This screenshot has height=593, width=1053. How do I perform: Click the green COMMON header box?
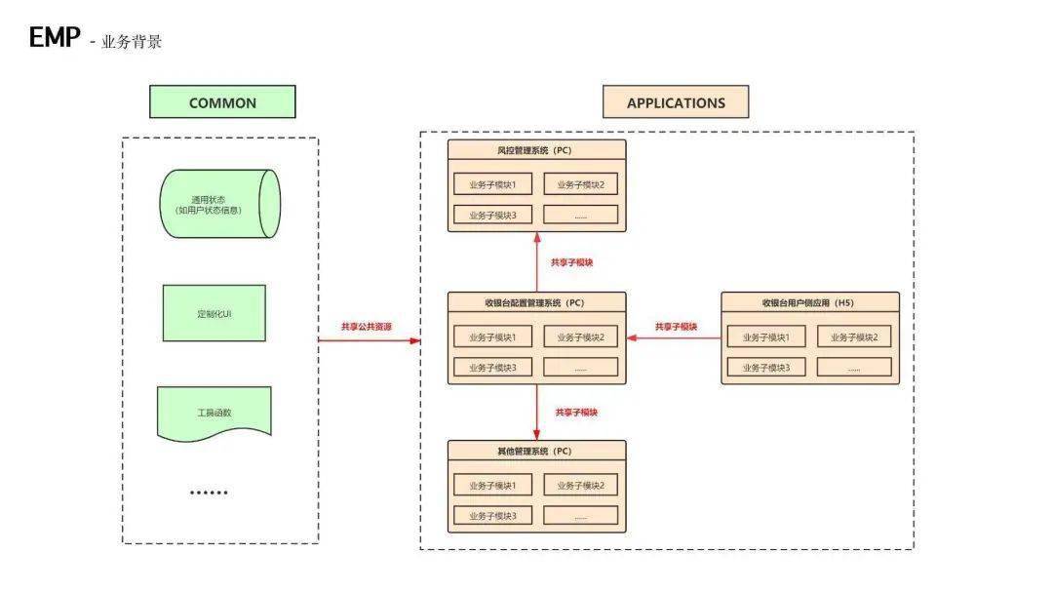pyautogui.click(x=222, y=102)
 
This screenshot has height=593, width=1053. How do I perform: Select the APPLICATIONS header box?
pyautogui.click(x=676, y=102)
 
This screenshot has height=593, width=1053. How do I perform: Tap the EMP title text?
pyautogui.click(x=55, y=37)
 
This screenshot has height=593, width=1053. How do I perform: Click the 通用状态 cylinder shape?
pyautogui.click(x=219, y=204)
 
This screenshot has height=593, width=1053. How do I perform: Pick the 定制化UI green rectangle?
pyautogui.click(x=214, y=313)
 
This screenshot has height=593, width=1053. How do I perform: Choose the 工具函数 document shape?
pyautogui.click(x=214, y=414)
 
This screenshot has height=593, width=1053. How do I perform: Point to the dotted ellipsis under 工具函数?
pyautogui.click(x=209, y=493)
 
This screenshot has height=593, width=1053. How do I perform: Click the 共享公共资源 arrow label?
pyautogui.click(x=366, y=327)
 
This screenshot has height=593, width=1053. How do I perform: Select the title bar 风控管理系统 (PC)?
pyautogui.click(x=536, y=150)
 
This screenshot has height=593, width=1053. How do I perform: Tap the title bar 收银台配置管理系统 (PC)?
pyautogui.click(x=536, y=302)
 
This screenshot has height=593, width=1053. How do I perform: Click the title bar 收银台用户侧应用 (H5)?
pyautogui.click(x=810, y=302)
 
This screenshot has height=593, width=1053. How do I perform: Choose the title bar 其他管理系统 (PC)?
pyautogui.click(x=536, y=451)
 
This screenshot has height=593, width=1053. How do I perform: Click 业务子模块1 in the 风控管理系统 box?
pyautogui.click(x=493, y=184)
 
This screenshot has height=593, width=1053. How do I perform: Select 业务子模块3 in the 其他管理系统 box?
pyautogui.click(x=493, y=516)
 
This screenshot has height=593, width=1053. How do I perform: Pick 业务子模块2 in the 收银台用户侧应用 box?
pyautogui.click(x=854, y=336)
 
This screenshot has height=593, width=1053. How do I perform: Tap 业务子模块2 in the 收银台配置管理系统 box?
pyautogui.click(x=581, y=336)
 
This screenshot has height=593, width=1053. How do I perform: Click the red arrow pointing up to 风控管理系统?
pyautogui.click(x=536, y=262)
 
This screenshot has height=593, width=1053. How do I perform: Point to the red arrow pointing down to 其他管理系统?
pyautogui.click(x=536, y=413)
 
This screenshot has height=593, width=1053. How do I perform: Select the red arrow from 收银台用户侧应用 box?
pyautogui.click(x=674, y=337)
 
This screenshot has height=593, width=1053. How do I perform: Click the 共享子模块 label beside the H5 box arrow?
pyautogui.click(x=677, y=327)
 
